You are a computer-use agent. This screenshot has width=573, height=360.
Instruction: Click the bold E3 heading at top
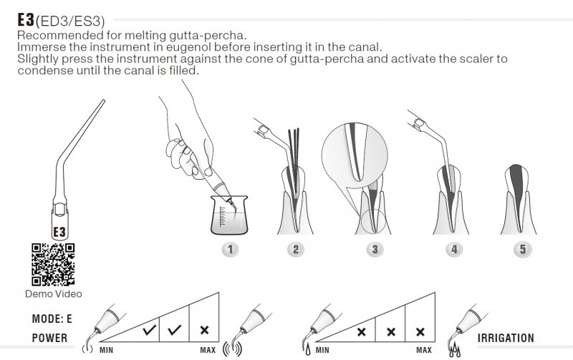pyautogui.click(x=26, y=20)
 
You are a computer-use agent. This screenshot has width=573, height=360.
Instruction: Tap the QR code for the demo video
pyautogui.click(x=53, y=265)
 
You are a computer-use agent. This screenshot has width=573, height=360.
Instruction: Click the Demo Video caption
pyautogui.click(x=53, y=294)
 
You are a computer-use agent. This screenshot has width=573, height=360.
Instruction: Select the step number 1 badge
pyautogui.click(x=230, y=249)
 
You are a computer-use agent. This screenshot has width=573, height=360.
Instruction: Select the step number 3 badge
pyautogui.click(x=375, y=249)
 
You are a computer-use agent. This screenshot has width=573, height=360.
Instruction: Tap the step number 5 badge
pyautogui.click(x=523, y=249)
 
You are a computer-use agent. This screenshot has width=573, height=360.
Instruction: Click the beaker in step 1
pyautogui.click(x=229, y=215)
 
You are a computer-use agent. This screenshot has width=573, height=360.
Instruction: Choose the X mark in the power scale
pyautogui.click(x=204, y=330)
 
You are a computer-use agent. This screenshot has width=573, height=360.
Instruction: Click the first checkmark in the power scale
pyautogui.click(x=150, y=330)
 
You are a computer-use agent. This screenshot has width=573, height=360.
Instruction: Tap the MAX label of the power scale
pyautogui.click(x=208, y=350)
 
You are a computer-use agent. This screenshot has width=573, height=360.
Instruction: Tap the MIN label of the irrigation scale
pyautogui.click(x=322, y=350)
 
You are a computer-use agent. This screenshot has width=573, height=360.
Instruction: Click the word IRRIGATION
pyautogui.click(x=506, y=338)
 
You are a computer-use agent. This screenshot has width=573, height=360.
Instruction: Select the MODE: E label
pyautogui.click(x=52, y=318)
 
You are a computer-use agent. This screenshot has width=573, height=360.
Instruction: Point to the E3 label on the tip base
pyautogui.click(x=59, y=232)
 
